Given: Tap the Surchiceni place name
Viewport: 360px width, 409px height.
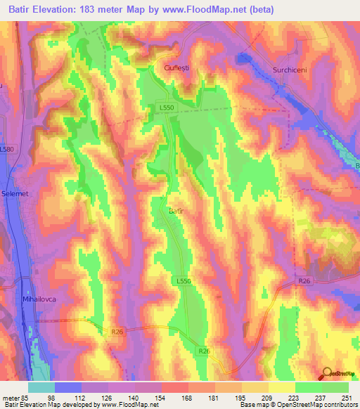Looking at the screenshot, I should coord(291,70).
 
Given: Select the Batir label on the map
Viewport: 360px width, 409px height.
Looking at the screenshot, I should coord(176,209).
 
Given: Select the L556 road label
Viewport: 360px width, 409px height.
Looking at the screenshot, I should coord(181,280).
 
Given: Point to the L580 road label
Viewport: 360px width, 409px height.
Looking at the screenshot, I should coord(6,150).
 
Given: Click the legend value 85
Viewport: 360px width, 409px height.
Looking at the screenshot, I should coord(29,397).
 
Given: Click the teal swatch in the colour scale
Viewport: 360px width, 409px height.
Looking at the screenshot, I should coord(41,387).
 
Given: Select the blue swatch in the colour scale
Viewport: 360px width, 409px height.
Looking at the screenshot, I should coord(68,387).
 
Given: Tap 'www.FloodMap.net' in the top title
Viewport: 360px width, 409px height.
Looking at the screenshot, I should coord(205,10).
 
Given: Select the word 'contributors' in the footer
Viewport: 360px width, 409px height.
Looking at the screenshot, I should coord(337,405).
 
